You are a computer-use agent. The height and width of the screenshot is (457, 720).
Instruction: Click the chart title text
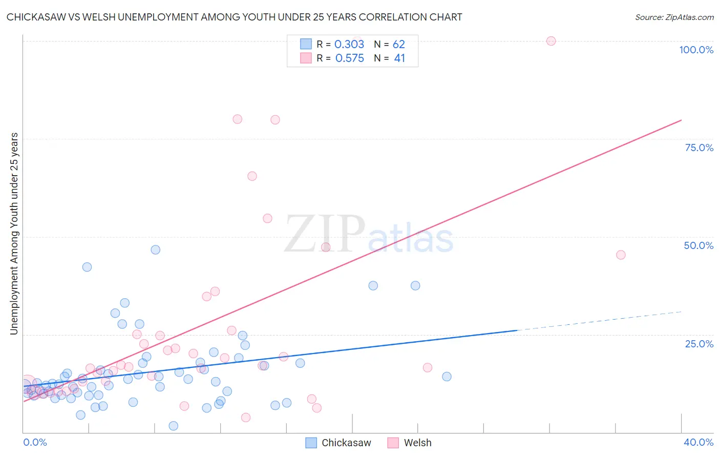click(234, 17)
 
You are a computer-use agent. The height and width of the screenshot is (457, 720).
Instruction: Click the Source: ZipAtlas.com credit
click(674, 17)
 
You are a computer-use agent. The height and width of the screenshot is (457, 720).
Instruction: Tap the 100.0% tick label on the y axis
click(696, 50)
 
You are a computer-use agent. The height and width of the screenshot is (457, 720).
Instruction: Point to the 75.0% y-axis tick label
click(699, 148)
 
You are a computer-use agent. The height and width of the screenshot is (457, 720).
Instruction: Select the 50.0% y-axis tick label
click(698, 245)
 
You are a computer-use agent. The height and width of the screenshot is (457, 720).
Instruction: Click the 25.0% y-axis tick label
click(699, 344)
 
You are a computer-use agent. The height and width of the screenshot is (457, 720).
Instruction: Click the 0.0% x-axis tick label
click(35, 442)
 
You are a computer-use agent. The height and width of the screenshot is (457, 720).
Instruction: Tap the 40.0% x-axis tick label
click(698, 442)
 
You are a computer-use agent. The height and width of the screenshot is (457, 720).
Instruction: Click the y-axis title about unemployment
click(14, 234)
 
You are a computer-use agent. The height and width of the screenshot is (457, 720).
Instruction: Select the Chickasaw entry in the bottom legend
click(346, 443)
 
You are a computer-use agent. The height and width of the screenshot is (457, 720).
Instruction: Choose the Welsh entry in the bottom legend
click(417, 443)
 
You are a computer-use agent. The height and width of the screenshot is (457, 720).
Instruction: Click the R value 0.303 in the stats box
click(349, 45)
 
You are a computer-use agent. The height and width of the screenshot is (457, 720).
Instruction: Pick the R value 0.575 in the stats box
click(349, 58)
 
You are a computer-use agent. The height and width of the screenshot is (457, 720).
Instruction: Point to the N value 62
click(398, 45)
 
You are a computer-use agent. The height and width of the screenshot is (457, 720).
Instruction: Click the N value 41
click(399, 58)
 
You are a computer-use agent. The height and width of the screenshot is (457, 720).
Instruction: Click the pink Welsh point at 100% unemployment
click(551, 41)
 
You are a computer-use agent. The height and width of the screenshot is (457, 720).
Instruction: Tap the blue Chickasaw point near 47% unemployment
click(156, 250)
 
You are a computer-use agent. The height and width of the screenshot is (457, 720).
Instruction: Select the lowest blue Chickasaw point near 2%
click(174, 426)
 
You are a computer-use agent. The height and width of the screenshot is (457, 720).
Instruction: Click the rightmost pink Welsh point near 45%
click(621, 255)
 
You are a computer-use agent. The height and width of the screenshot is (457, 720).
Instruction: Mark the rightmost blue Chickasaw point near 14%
click(447, 377)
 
